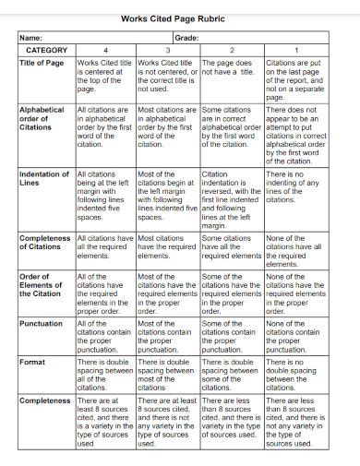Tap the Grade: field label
tap(186, 37)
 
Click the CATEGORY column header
tap(46, 50)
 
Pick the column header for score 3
tap(167, 50)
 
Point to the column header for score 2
tap(231, 50)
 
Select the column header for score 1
tap(295, 50)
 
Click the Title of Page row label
tap(42, 64)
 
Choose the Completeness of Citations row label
tap(45, 242)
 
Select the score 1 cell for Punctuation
tap(295, 337)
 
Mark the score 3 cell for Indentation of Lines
tap(167, 196)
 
